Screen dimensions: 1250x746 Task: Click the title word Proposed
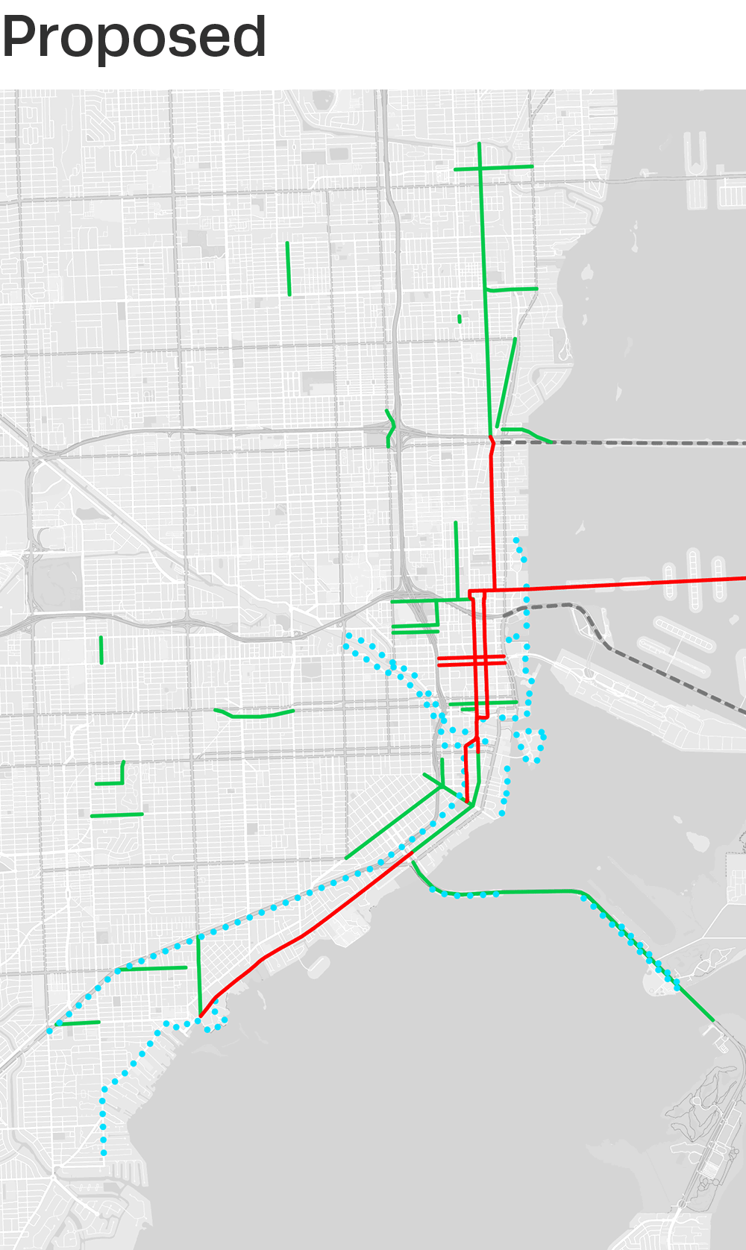pyautogui.click(x=134, y=37)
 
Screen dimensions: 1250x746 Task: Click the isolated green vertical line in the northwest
pyautogui.click(x=288, y=268)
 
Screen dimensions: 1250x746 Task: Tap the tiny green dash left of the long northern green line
pyautogui.click(x=460, y=318)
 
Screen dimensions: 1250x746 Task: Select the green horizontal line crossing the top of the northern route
pyautogui.click(x=494, y=168)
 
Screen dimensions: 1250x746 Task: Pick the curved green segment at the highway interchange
pyautogui.click(x=389, y=428)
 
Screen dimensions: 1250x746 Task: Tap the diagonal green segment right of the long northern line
pyautogui.click(x=507, y=382)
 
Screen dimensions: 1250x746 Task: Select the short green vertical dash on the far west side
pyautogui.click(x=101, y=650)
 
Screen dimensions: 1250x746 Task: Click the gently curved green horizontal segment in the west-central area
pyautogui.click(x=254, y=715)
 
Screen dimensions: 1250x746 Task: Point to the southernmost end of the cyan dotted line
pyautogui.click(x=104, y=1153)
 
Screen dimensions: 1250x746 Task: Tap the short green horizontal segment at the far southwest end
pyautogui.click(x=77, y=1023)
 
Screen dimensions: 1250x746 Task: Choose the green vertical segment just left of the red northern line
pyautogui.click(x=456, y=559)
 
